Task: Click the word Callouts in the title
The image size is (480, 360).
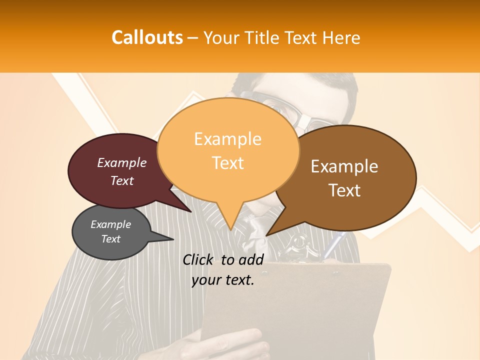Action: (147, 37)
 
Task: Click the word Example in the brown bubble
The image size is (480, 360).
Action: (344, 166)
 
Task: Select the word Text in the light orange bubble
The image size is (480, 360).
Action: (228, 163)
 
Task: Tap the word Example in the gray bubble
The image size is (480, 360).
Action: (110, 224)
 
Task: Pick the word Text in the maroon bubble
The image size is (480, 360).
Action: (122, 180)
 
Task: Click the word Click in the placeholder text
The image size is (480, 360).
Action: (199, 259)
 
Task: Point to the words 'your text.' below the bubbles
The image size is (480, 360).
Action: (222, 280)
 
